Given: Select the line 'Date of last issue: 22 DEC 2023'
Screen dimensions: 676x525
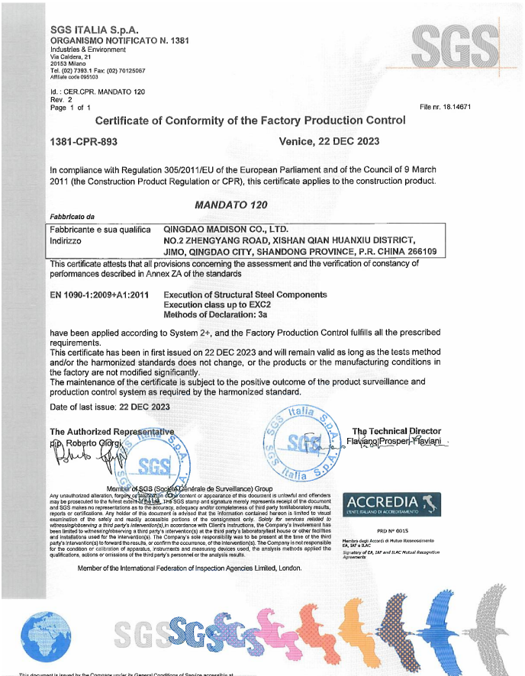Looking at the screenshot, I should [x=110, y=407].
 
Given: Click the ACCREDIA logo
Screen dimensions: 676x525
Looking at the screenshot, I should [x=382, y=503].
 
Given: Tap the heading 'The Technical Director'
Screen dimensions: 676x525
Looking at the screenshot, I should [x=397, y=431].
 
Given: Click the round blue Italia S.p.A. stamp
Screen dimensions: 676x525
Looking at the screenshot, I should [x=304, y=443].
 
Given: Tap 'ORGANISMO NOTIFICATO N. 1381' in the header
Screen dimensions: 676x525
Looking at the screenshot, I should [x=118, y=40].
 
